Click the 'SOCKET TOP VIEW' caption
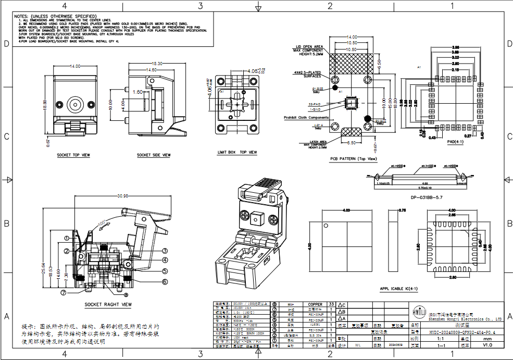pos(73,155)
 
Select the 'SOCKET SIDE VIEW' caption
pos(154,155)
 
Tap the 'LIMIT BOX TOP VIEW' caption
pos(237,153)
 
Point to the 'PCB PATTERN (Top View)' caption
pos(353,158)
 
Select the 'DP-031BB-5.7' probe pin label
pos(426,197)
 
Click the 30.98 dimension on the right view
pos(108,196)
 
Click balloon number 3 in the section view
pos(164,251)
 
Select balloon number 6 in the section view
pos(164,281)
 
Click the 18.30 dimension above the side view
pos(157,64)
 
